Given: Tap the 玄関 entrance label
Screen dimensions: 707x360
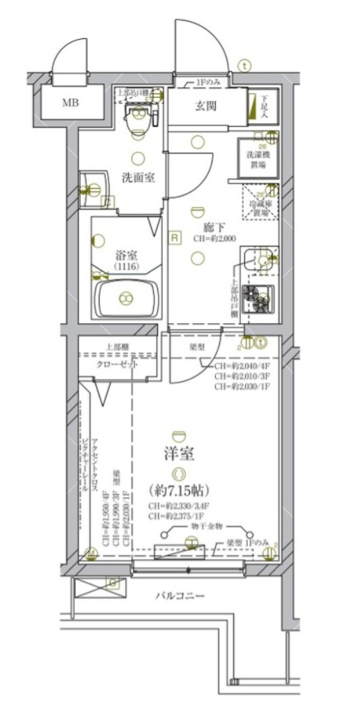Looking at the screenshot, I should point(205,106).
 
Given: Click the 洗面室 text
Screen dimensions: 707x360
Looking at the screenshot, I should point(138,177).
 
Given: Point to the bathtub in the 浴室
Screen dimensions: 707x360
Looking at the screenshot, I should point(126,298).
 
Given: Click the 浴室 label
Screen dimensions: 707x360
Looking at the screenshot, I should point(126,254).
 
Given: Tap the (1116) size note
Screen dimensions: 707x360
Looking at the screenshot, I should point(126,267).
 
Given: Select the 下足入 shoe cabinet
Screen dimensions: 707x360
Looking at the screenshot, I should point(263,105).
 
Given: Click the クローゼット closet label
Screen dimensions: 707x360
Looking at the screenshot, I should point(117,364).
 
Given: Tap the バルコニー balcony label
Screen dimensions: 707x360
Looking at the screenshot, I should point(180,596).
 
